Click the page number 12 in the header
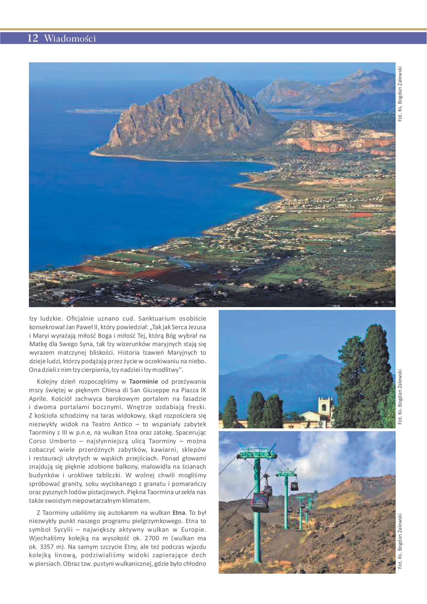pos(33,38)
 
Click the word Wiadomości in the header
pos(70,39)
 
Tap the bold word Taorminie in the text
pos(143,382)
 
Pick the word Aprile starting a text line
pos(39,399)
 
